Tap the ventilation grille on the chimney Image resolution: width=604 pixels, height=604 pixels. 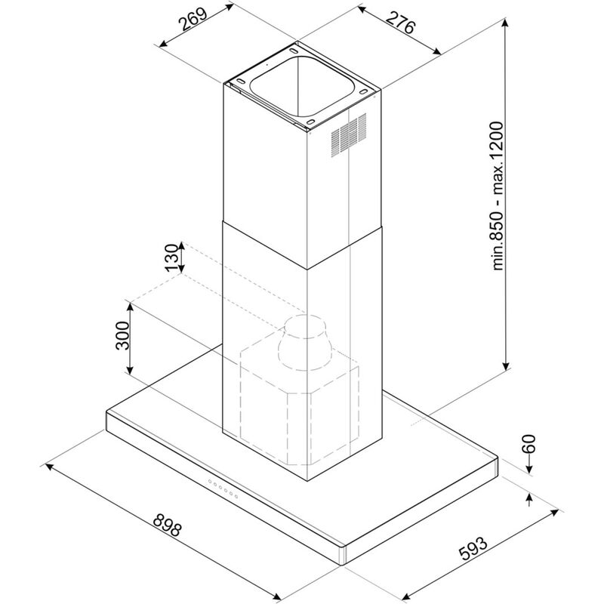349,136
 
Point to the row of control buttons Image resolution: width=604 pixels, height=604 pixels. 223,490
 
